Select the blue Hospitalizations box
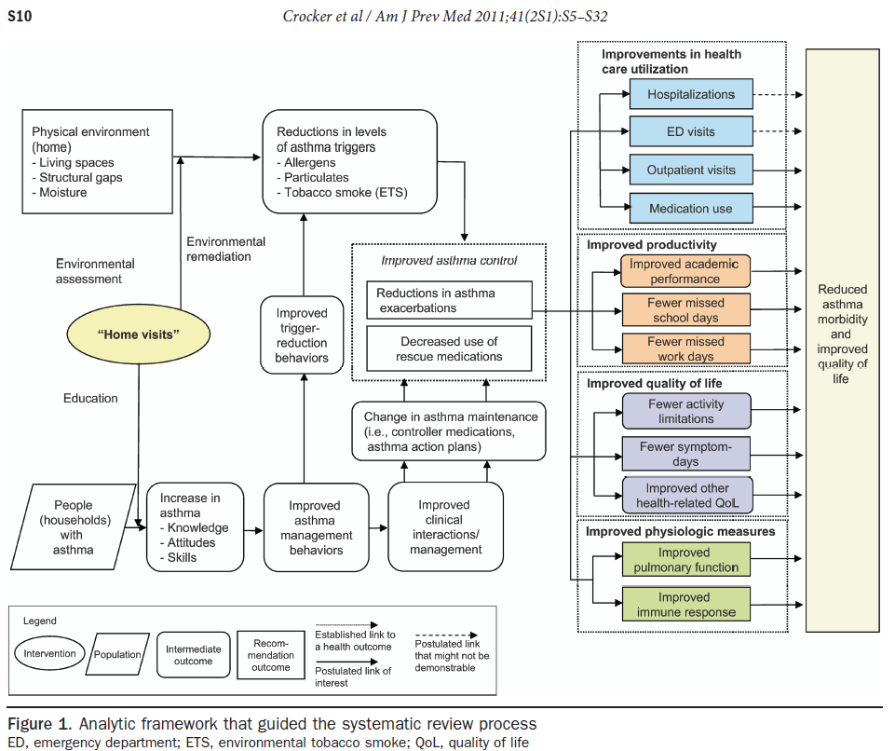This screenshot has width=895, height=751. click(690, 94)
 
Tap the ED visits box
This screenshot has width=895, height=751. click(690, 131)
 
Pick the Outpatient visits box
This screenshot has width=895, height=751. click(690, 170)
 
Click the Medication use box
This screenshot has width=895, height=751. click(690, 209)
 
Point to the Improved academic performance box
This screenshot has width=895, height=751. click(685, 271)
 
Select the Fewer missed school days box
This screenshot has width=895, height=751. click(685, 309)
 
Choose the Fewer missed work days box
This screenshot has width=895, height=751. click(685, 348)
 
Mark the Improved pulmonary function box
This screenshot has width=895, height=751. click(685, 560)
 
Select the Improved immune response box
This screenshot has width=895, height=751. click(685, 605)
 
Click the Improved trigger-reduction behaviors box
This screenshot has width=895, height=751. click(302, 335)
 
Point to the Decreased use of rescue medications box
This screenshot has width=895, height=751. click(449, 348)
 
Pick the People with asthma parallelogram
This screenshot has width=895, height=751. click(74, 527)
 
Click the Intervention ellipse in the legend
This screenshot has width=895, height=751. click(49, 653)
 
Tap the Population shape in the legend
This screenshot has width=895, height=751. click(116, 654)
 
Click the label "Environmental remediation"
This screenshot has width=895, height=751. click(226, 249)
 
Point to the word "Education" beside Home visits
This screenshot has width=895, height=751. click(90, 398)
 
